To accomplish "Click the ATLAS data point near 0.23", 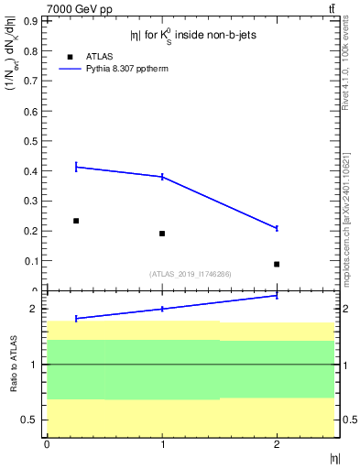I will coord(76,221).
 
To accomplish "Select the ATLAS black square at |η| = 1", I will coord(162,234).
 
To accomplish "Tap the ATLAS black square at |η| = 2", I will coord(277,264).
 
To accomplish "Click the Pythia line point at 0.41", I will coord(76,167).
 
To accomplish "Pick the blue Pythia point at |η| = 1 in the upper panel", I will coord(162,177).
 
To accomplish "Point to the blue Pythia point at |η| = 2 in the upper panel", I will coord(277,228).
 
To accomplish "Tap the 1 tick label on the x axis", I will coord(162,444).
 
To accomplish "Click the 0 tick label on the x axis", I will coord(47,444).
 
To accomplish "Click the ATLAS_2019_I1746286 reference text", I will coord(190,273).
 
